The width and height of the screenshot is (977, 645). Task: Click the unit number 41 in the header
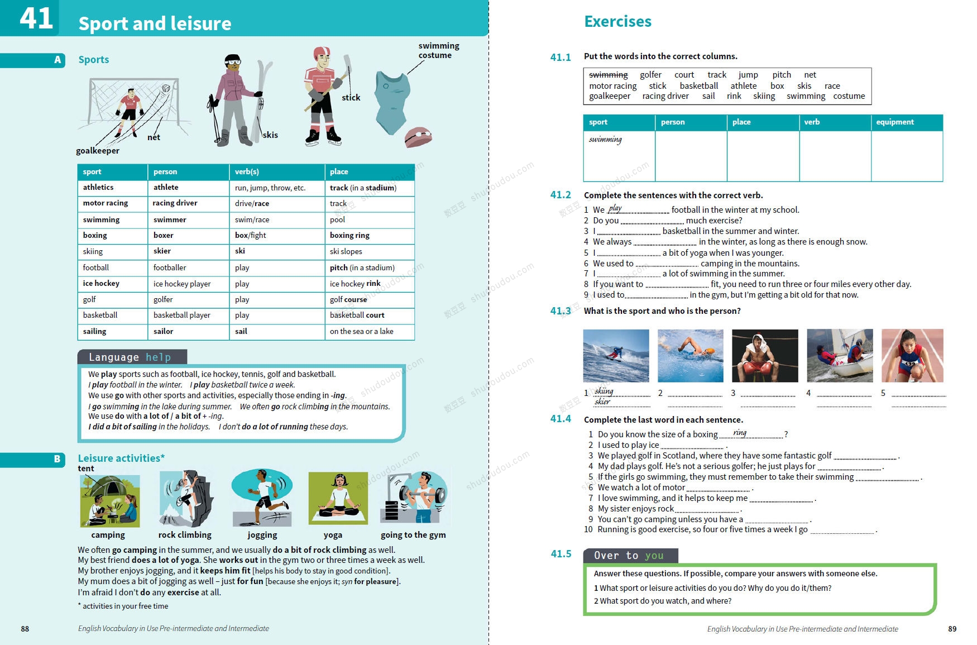coord(36,18)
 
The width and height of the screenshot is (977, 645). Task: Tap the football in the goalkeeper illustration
coord(166,89)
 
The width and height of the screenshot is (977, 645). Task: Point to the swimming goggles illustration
coord(418,137)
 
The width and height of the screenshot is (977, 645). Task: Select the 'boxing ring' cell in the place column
coord(349,236)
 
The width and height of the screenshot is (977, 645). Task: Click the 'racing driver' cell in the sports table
coord(175,203)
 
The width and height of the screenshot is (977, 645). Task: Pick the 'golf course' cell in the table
coord(348,300)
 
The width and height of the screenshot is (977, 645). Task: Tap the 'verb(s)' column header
coord(247,172)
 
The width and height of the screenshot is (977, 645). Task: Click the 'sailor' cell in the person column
coord(164,332)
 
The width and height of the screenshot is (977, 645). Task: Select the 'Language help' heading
coord(130,357)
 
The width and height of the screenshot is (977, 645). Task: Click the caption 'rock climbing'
coord(185,535)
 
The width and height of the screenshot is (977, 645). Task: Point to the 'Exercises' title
coord(617,22)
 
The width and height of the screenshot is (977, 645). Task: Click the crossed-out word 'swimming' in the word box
coord(608,75)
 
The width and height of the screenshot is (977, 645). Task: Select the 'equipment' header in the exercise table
coord(894,122)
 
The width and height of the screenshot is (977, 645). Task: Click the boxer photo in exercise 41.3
coord(765,356)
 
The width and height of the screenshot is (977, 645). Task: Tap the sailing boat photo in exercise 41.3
coord(840,356)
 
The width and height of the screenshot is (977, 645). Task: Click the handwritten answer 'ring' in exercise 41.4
coord(740,433)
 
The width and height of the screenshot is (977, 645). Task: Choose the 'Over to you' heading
coord(629,556)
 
